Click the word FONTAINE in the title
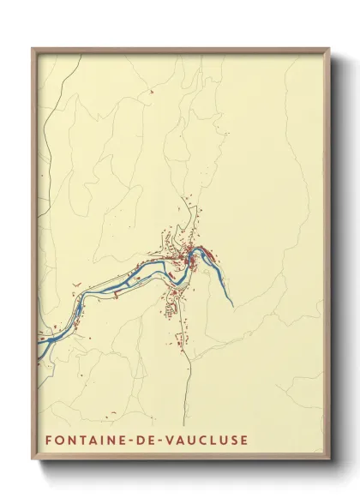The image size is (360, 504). [81, 441]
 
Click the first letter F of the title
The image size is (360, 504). [47, 441]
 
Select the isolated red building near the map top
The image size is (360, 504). [151, 91]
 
